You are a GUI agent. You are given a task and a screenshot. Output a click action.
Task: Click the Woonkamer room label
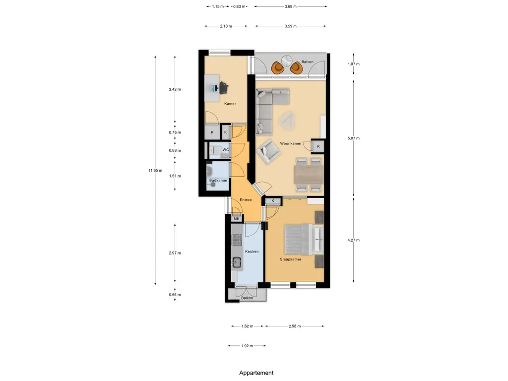click(x=291, y=143)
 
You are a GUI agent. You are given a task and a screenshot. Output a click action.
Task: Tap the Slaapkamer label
click(x=291, y=259)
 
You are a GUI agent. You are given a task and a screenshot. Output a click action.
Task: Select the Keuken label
click(x=252, y=252)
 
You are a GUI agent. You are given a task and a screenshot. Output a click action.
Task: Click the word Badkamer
click(x=218, y=181)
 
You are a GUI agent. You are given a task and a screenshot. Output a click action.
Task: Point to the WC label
click(x=226, y=150)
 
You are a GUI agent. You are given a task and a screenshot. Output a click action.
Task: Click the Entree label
click(x=246, y=200)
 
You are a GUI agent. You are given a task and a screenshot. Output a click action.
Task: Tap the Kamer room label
click(x=230, y=104)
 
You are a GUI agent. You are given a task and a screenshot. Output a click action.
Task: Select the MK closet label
click(x=237, y=219)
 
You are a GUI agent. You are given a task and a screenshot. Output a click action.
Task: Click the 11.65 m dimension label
click(x=155, y=171)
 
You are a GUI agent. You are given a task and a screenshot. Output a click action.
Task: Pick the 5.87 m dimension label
click(x=353, y=138)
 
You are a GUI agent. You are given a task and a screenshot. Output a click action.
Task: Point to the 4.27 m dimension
click(x=353, y=241)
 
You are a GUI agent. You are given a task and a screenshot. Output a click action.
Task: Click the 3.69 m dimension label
click(x=291, y=6)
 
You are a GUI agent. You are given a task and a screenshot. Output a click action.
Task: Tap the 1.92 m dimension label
click(x=247, y=346)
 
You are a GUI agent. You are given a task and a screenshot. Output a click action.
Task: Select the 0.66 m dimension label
click(x=175, y=295)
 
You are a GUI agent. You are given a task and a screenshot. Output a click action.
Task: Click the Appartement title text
click(x=256, y=373)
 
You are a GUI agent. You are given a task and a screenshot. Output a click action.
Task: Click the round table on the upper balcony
click(x=287, y=61)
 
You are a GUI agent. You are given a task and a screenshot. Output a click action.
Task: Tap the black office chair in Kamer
click(x=224, y=87)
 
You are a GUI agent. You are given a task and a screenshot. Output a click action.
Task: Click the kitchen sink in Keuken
click(x=237, y=261)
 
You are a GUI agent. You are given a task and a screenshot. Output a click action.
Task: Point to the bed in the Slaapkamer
click(x=304, y=240)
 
